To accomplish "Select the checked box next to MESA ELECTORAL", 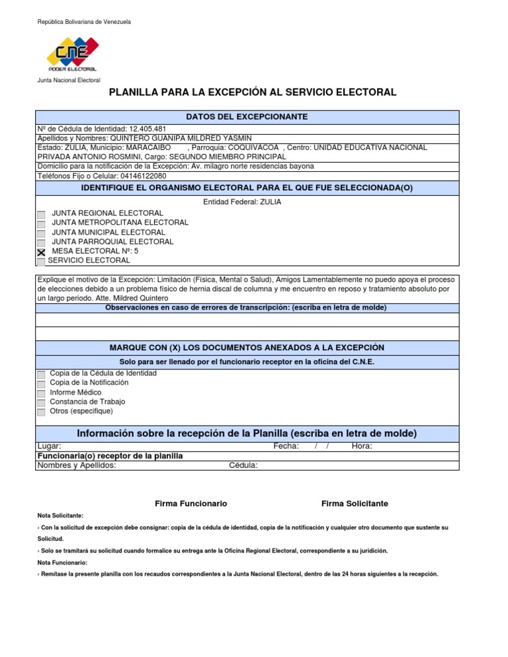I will pyautogui.click(x=42, y=252).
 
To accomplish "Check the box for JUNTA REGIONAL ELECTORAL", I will pyautogui.click(x=42, y=214).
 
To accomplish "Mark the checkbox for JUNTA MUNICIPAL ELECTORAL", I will pyautogui.click(x=42, y=233).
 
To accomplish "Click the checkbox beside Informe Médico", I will pyautogui.click(x=42, y=393).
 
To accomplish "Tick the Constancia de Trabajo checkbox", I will pyautogui.click(x=42, y=403).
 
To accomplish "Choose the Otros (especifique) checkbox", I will pyautogui.click(x=42, y=412).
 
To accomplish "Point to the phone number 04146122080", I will pyautogui.click(x=144, y=176).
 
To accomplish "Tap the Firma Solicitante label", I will pyautogui.click(x=355, y=504).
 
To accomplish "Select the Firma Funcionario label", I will pyautogui.click(x=190, y=504).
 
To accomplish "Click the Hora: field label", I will pyautogui.click(x=362, y=446).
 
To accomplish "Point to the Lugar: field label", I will pyautogui.click(x=49, y=446).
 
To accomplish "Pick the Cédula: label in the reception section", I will pyautogui.click(x=243, y=465).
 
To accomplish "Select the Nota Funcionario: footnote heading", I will pyautogui.click(x=62, y=562).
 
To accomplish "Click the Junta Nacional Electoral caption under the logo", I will pyautogui.click(x=68, y=80).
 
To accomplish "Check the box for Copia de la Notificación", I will pyautogui.click(x=42, y=383).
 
